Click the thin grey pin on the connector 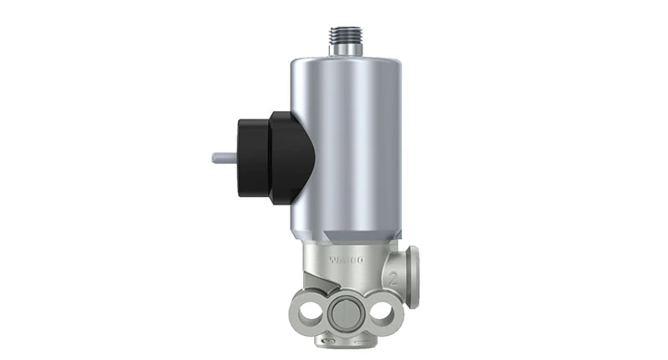tap(225, 157)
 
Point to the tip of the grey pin tap(215, 157)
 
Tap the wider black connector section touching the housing tap(288, 157)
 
